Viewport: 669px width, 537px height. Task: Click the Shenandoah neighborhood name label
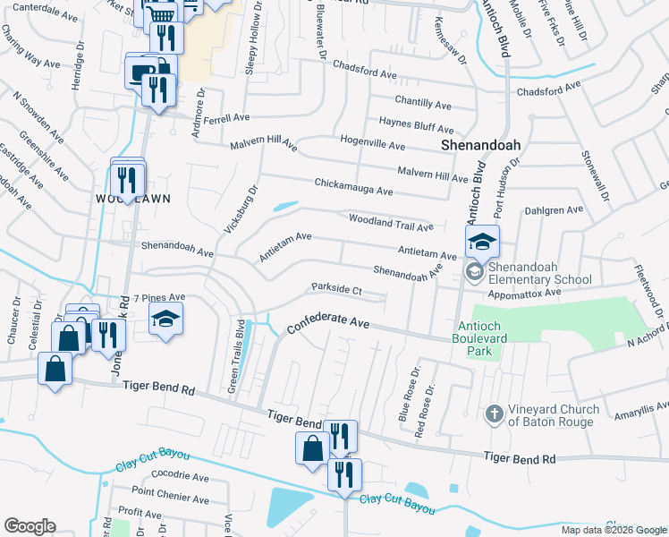click(481, 145)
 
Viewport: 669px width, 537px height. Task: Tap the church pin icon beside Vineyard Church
click(494, 414)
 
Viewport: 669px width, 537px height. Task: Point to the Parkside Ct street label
click(335, 290)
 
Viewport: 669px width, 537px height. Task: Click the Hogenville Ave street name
click(373, 143)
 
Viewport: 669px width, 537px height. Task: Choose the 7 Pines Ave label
click(158, 297)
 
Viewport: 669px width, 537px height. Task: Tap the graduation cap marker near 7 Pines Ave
click(165, 320)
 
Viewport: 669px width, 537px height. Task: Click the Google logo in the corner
click(30, 526)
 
